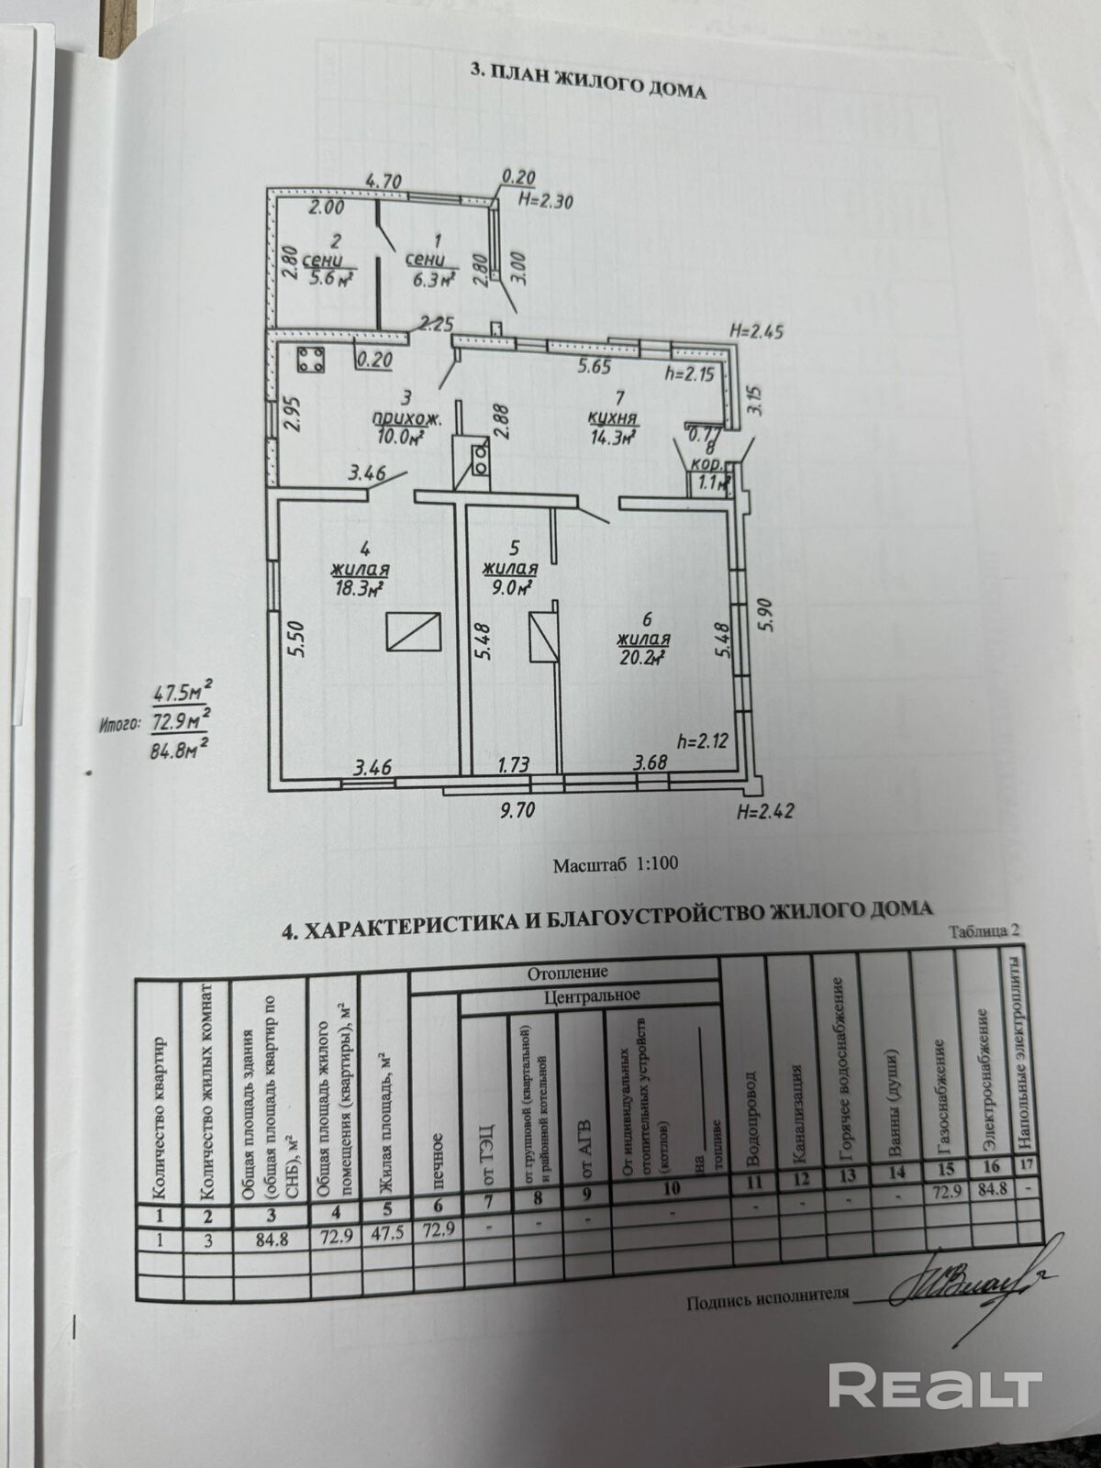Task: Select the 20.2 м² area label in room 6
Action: coord(641,657)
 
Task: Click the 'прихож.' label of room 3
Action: coord(407,419)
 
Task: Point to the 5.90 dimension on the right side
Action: coord(769,608)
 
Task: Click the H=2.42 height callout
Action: coord(764,811)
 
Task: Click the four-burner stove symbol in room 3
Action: coord(310,361)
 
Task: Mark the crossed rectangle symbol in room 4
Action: coord(413,633)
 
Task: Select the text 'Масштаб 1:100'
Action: coord(615,864)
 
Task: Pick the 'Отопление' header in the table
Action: coord(567,972)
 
